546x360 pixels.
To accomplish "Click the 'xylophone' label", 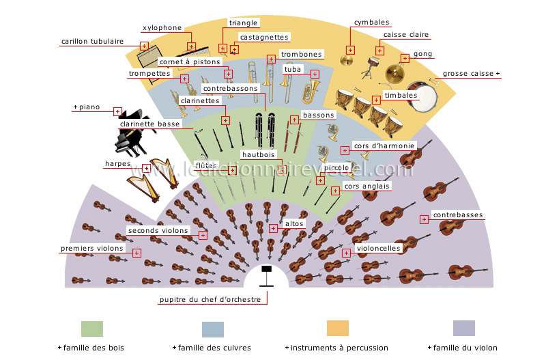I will coord(162,28).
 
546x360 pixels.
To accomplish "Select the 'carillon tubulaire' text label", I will coord(92,41).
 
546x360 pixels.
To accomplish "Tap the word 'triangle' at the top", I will coord(243,23).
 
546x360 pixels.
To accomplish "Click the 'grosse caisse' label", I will coord(470,73).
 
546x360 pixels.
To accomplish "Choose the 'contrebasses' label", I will coord(457,214).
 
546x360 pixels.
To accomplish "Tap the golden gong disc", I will coord(394,73).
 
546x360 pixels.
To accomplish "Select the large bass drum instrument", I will coord(425,98).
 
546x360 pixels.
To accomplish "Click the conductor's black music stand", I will coord(266,273).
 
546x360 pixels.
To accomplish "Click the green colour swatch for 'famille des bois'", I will coord(92,329).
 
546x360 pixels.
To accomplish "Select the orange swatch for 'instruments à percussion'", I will coord(338,329).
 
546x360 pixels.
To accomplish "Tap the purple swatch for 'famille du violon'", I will coord(464,329).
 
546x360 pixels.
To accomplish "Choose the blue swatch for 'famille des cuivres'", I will coord(213,329).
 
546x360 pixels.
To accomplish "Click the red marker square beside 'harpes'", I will coord(145,167).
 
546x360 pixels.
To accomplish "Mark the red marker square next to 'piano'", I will coord(117,111).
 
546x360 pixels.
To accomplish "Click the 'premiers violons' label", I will coord(92,249).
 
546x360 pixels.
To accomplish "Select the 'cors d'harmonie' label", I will coord(384,146).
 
